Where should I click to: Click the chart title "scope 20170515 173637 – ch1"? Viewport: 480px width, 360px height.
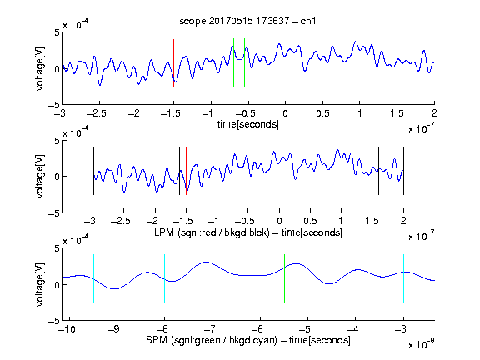coord(247,21)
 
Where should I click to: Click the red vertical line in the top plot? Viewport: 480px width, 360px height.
coord(173,63)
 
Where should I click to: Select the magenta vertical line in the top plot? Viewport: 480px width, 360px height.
coord(397,63)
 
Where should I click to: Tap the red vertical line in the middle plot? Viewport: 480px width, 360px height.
coord(186,171)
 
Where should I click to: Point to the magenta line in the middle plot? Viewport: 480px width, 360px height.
coord(372,171)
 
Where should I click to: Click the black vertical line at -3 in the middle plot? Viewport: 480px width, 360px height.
coord(93,171)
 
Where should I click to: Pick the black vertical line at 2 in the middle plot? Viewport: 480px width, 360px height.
coord(403,171)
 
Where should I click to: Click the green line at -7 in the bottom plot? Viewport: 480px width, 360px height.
coord(212,278)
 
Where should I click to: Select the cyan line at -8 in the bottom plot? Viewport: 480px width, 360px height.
coord(165,278)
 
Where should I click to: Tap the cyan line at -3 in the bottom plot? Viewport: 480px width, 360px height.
coord(403,278)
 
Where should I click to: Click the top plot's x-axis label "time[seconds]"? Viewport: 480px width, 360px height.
coord(248,125)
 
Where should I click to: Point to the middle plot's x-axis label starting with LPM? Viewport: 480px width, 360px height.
coord(248,232)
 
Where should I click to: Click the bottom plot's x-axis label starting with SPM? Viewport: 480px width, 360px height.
coord(248,340)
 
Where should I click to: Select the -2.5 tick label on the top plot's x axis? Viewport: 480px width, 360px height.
coord(97,113)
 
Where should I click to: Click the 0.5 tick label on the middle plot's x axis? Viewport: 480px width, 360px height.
coord(310,221)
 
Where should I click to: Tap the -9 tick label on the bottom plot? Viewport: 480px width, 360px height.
coord(114,329)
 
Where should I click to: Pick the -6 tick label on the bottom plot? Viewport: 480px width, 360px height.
coord(257,329)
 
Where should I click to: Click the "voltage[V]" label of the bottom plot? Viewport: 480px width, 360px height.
coord(40,285)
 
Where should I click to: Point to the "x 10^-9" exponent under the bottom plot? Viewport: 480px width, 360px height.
coord(422,344)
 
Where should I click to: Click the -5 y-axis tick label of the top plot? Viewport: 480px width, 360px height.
coord(54,105)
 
